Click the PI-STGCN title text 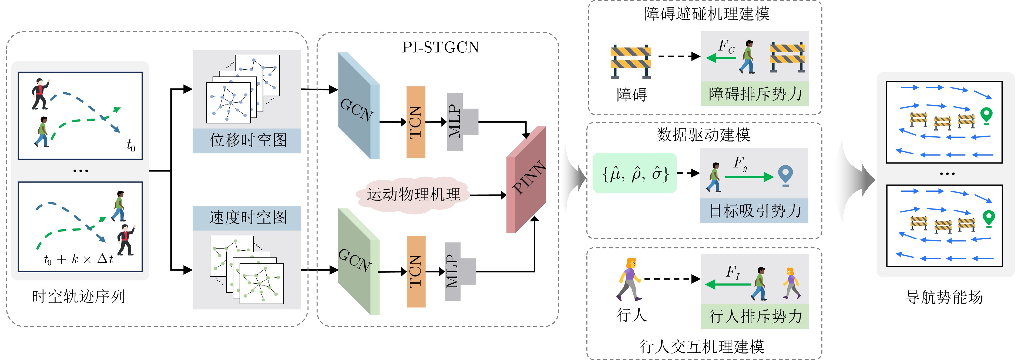point(440,47)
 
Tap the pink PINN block point(526,180)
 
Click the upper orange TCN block point(416,122)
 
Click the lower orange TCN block point(416,272)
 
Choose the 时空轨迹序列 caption point(79,297)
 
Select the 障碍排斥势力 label point(755,94)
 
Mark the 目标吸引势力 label point(755,211)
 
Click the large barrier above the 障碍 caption point(631,61)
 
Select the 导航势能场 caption point(945,297)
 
